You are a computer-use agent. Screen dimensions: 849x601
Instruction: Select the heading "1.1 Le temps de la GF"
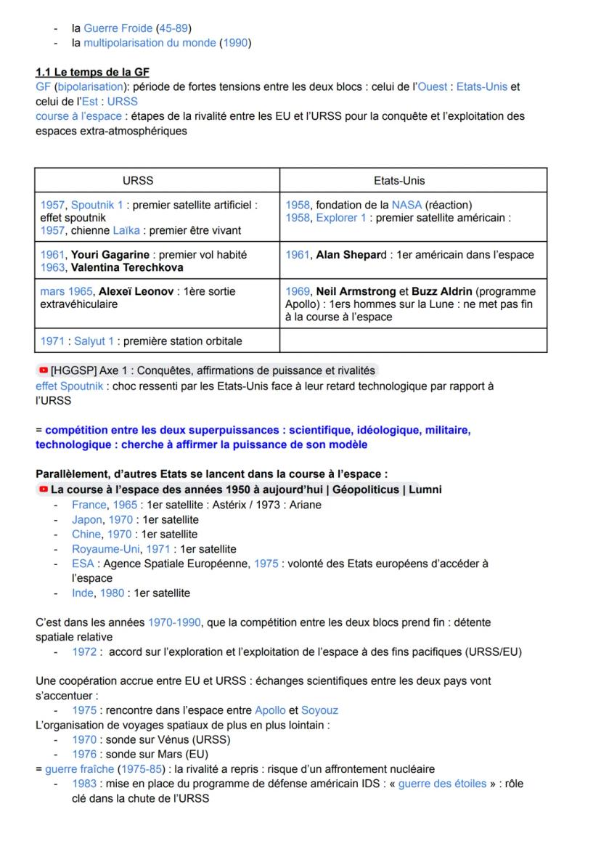pos(92,72)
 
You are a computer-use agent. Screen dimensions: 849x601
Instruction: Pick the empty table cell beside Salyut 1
pos(413,341)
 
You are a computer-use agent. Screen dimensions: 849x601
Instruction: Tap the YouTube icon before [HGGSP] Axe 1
pos(43,371)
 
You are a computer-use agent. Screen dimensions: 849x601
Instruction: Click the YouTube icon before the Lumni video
pos(43,490)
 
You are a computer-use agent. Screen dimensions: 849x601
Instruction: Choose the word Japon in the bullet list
pos(86,519)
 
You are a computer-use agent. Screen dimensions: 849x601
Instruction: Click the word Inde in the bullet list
pos(83,593)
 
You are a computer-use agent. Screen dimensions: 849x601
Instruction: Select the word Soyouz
pos(319,710)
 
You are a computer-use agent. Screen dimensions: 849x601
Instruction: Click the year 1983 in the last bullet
pos(84,784)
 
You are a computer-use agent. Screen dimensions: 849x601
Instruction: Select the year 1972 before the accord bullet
pos(84,651)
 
